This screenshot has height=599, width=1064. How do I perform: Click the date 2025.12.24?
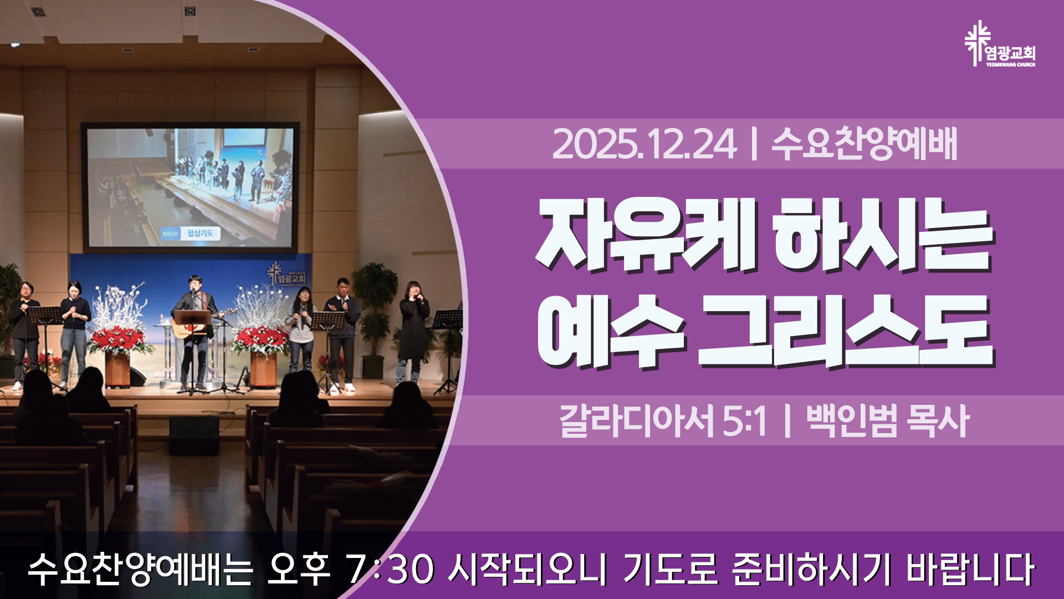(x=644, y=144)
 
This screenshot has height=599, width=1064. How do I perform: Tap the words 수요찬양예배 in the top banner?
(x=864, y=144)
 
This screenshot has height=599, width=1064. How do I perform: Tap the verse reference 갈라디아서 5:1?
(x=663, y=420)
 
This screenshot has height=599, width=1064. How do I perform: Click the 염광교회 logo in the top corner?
(x=1000, y=44)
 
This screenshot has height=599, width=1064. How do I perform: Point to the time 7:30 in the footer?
(x=388, y=569)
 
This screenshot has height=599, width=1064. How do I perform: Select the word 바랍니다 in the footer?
(x=970, y=569)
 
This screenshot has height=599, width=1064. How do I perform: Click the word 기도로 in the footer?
(x=671, y=569)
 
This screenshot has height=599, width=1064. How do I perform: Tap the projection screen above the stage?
(x=190, y=187)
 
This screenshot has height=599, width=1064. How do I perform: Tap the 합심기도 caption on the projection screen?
(x=199, y=233)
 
